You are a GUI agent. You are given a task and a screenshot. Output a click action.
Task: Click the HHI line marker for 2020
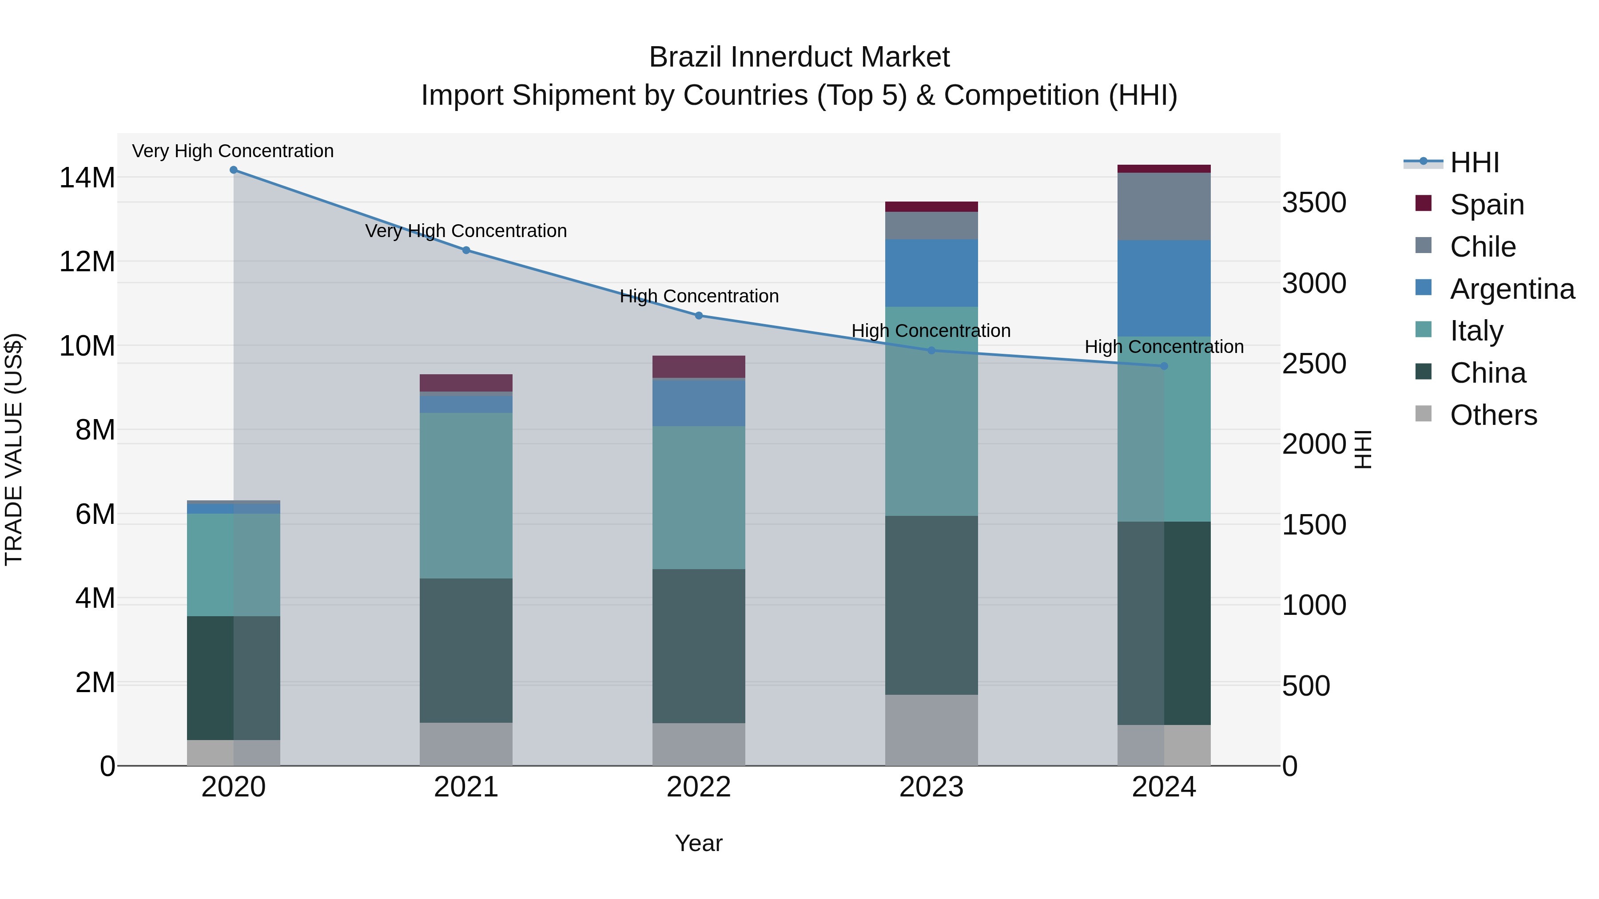pyautogui.click(x=233, y=170)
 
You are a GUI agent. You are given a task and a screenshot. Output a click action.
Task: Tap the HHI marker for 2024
pyautogui.click(x=1164, y=366)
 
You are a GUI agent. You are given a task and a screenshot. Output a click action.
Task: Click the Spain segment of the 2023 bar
pyautogui.click(x=931, y=206)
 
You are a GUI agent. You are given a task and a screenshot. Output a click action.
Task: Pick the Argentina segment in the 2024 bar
pyautogui.click(x=1164, y=289)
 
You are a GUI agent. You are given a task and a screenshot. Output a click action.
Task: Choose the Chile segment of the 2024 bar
pyautogui.click(x=1164, y=206)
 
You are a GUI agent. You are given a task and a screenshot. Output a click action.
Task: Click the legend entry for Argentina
pyautogui.click(x=1511, y=289)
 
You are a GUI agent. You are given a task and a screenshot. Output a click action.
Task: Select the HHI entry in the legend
pyautogui.click(x=1474, y=162)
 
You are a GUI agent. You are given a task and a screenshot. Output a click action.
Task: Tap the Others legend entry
pyautogui.click(x=1493, y=415)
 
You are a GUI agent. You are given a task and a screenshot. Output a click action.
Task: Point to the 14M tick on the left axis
pyautogui.click(x=87, y=178)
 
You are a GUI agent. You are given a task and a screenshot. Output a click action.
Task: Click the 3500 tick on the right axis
pyautogui.click(x=1314, y=203)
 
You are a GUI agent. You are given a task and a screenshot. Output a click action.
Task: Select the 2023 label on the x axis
pyautogui.click(x=931, y=787)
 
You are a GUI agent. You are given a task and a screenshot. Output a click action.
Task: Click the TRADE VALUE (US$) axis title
pyautogui.click(x=14, y=449)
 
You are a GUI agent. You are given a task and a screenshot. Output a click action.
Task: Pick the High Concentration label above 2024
pyautogui.click(x=1164, y=347)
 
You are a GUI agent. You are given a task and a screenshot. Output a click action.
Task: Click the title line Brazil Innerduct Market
pyautogui.click(x=799, y=57)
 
